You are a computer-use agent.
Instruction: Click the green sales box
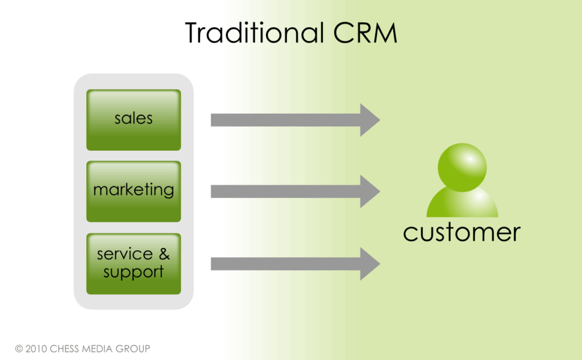pos(134,119)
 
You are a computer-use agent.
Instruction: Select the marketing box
pos(134,191)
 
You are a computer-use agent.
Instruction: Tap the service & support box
pos(134,263)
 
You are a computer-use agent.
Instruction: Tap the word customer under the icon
pos(462,232)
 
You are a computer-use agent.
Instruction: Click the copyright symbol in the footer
pos(19,349)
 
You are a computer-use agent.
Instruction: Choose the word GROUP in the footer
pos(133,349)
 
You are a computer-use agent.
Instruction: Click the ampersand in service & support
pos(164,254)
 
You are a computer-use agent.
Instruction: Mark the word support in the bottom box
pos(134,272)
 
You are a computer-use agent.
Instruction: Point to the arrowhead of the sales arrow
pos(369,120)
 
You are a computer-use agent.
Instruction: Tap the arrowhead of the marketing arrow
pos(369,192)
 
